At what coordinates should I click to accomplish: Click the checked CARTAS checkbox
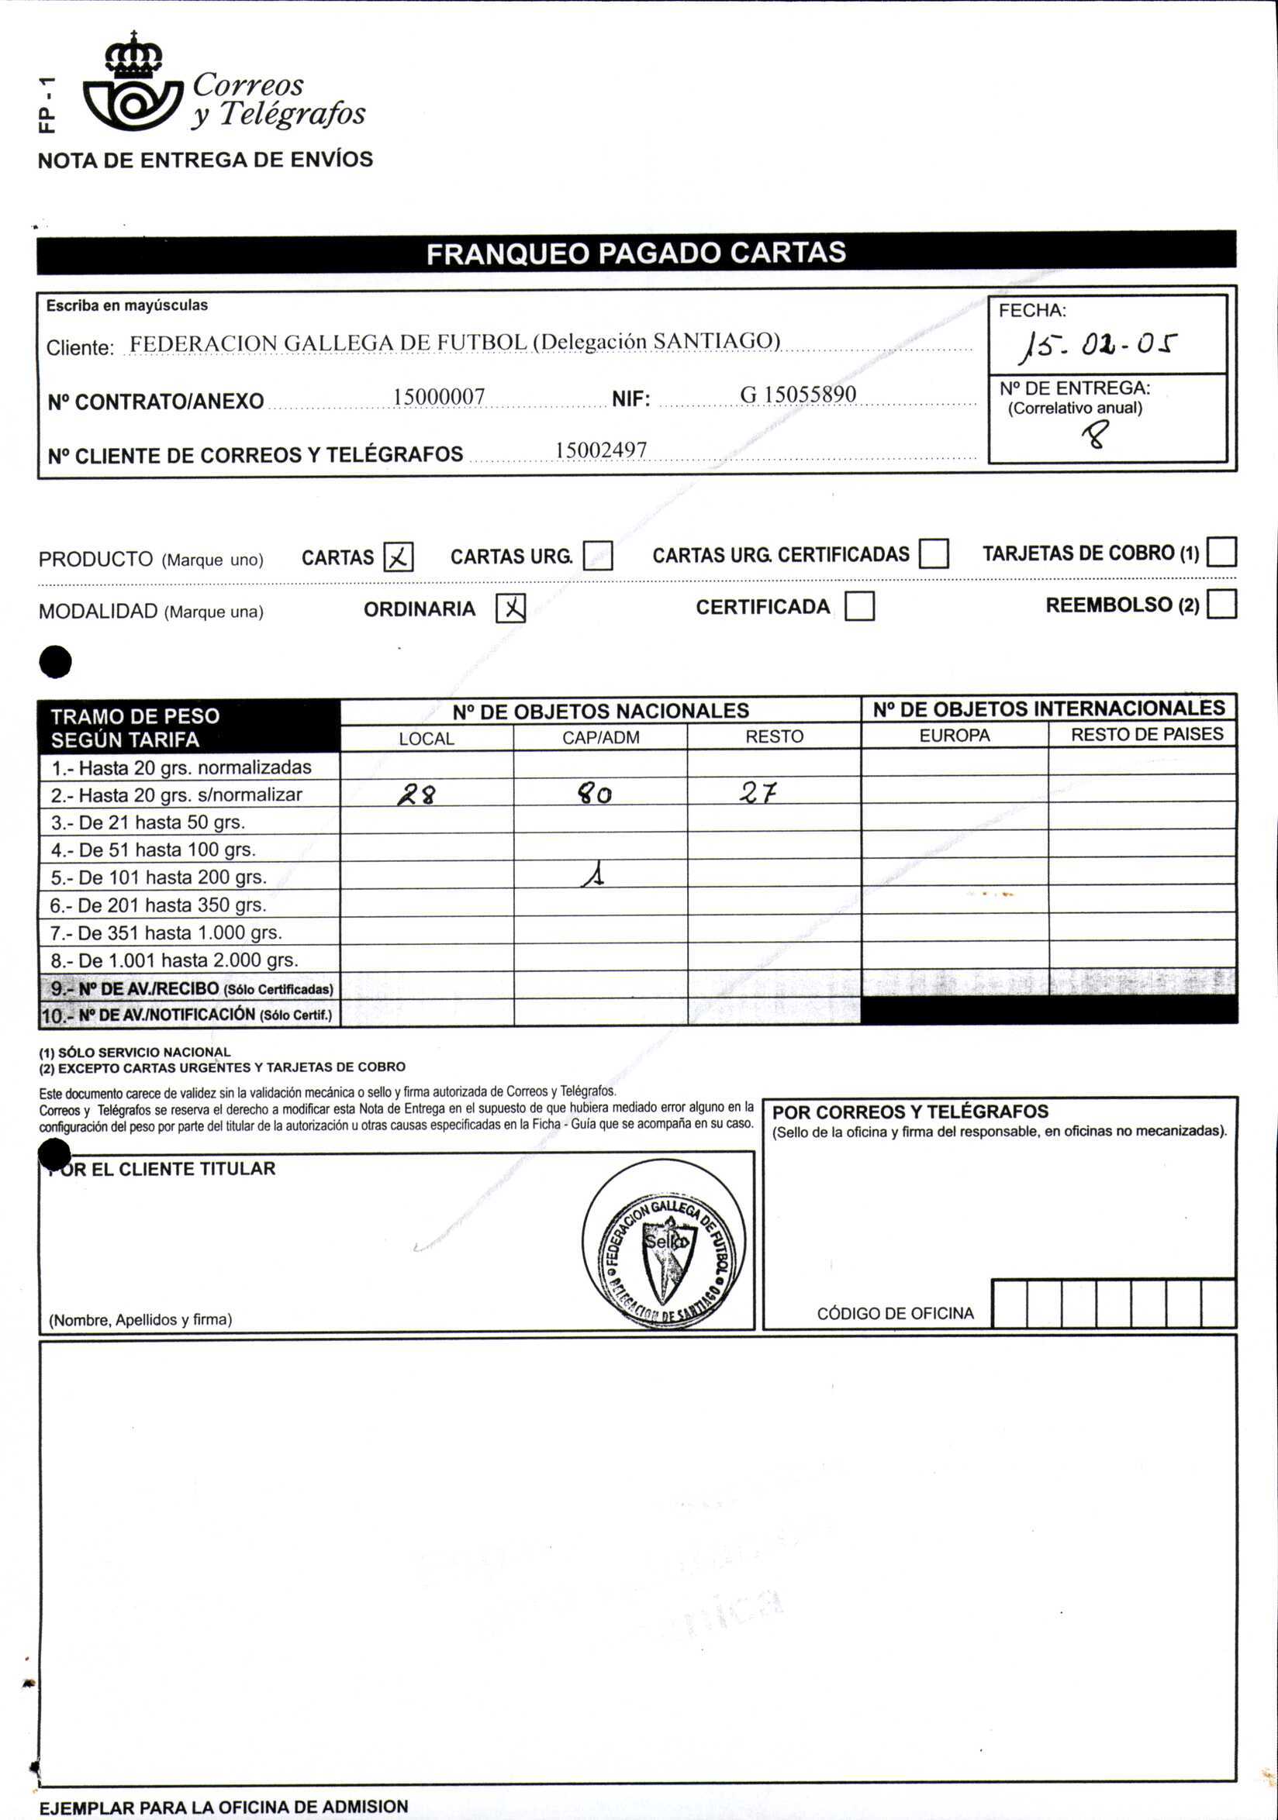click(398, 557)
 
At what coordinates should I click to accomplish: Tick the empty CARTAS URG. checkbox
click(598, 556)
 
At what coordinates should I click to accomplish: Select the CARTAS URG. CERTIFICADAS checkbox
click(934, 554)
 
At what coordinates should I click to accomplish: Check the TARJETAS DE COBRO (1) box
click(1221, 552)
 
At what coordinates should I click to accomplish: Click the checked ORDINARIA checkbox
click(510, 608)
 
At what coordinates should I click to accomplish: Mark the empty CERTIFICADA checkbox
click(859, 606)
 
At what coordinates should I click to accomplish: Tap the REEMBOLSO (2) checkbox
click(1221, 604)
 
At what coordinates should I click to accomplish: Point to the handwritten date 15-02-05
click(1100, 346)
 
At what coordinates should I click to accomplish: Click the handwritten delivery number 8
click(1098, 434)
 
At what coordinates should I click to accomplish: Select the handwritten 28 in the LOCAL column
click(417, 795)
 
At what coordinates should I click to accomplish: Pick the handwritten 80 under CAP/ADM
click(595, 794)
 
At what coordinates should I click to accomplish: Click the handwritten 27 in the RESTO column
click(758, 793)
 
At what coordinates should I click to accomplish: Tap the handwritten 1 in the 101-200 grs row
click(593, 875)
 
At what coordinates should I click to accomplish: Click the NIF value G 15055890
click(797, 395)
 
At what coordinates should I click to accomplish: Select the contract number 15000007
click(439, 396)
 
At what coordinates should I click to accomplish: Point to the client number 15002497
click(601, 450)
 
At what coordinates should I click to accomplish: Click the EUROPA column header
click(955, 736)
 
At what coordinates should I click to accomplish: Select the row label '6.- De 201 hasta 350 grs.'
click(158, 905)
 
